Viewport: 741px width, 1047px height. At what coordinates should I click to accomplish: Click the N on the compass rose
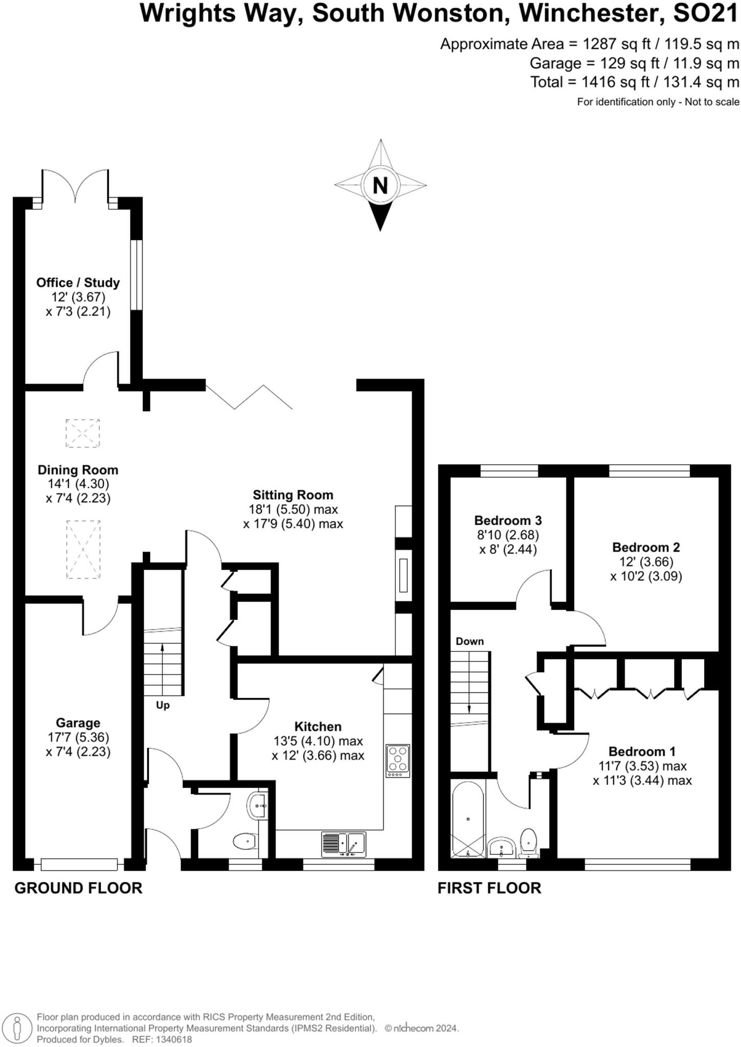[x=380, y=185]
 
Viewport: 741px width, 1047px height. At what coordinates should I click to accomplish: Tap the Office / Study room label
[x=78, y=283]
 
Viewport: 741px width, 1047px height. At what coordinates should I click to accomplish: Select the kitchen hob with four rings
[x=398, y=760]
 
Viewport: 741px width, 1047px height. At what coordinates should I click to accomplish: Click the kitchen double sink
[x=344, y=844]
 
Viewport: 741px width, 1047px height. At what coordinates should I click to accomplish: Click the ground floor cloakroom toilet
[x=245, y=840]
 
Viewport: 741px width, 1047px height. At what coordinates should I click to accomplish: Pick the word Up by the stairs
[x=163, y=705]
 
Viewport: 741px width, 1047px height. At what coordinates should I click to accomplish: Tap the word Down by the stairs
[x=469, y=641]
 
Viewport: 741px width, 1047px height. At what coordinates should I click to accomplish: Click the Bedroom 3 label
[x=508, y=520]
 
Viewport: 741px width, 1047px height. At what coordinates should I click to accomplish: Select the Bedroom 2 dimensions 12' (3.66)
[x=646, y=562]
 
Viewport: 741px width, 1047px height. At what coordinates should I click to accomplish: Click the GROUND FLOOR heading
[x=78, y=888]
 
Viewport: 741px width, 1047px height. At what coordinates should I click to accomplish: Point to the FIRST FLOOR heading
[x=489, y=888]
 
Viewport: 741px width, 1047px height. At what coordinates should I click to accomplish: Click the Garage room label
[x=78, y=723]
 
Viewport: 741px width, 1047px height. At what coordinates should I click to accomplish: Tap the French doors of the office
[x=76, y=187]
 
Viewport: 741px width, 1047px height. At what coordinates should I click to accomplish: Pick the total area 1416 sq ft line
[x=635, y=82]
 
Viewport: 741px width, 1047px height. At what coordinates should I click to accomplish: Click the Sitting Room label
[x=293, y=495]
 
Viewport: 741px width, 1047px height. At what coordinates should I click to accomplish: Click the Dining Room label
[x=78, y=470]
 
